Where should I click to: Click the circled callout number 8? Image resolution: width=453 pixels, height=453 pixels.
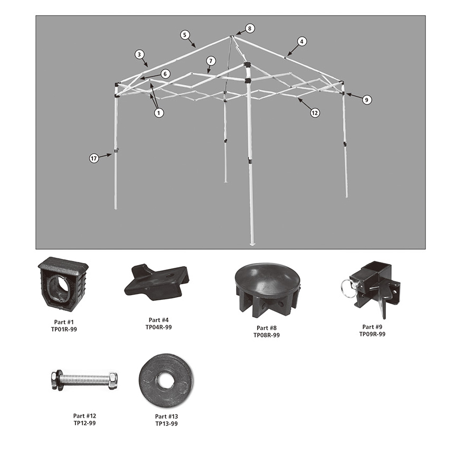tap(250, 29)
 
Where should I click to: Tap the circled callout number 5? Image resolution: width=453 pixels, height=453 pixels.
tap(185, 35)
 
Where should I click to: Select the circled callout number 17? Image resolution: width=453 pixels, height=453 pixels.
tap(94, 158)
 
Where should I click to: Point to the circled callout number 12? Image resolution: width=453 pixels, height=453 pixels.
tap(315, 112)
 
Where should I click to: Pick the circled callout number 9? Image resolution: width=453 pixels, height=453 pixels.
tap(366, 100)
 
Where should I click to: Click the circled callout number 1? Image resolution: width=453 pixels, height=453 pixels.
tap(158, 112)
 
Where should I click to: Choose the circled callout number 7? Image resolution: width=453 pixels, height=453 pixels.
tap(211, 61)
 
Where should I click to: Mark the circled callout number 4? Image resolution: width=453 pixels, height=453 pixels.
tap(301, 41)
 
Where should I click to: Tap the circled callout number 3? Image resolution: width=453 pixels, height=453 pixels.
tap(139, 54)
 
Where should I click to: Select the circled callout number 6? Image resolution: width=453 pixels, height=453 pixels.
tap(165, 74)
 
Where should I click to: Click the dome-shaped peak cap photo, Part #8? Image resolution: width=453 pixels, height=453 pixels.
tap(268, 289)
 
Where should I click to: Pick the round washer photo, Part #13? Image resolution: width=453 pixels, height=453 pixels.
tap(166, 380)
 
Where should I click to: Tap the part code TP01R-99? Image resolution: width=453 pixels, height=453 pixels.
tap(64, 329)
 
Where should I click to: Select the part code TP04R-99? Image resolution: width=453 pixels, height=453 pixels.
tap(158, 327)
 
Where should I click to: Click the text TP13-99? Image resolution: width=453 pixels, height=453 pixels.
tap(166, 423)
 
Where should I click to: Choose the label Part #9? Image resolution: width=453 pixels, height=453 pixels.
tap(372, 327)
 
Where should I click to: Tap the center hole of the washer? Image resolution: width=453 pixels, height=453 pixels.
tap(165, 381)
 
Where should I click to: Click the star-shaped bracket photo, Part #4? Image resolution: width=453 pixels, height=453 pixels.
tap(157, 282)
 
